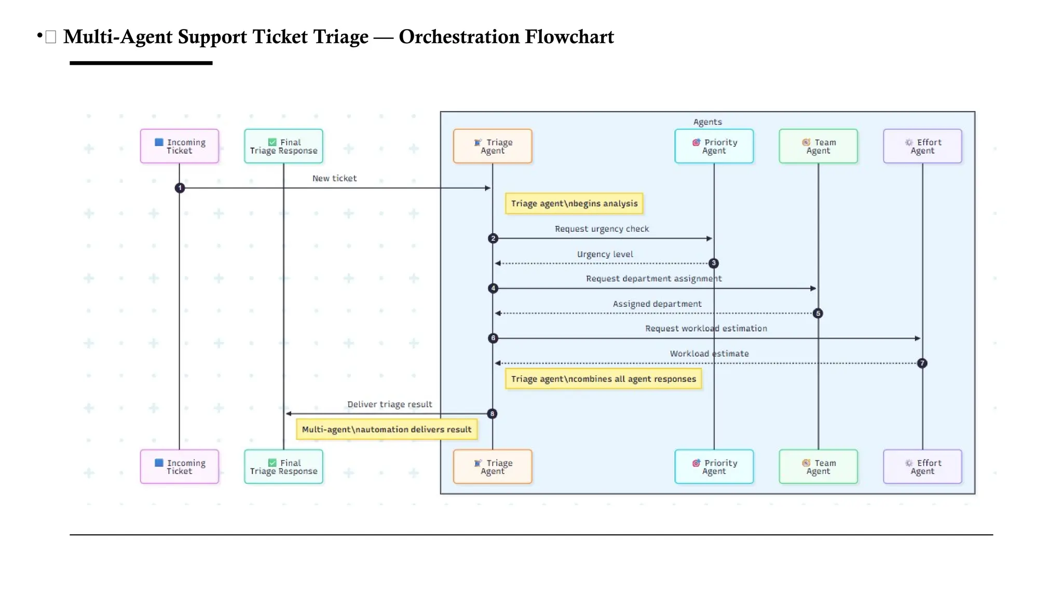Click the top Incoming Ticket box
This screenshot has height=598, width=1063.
179,146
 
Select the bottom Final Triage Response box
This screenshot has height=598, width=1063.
283,467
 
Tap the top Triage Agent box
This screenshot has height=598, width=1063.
492,146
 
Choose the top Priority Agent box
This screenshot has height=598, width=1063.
714,146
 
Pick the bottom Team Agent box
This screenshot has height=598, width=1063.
818,467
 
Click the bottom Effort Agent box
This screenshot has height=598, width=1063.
922,467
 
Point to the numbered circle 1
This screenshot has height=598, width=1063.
180,188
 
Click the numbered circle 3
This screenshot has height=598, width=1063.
714,263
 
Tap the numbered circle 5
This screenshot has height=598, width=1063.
818,314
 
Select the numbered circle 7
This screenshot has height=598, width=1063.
922,363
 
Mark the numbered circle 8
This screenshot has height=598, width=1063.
492,414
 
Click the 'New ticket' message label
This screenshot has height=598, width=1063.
334,178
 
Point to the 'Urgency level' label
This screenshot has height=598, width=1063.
605,254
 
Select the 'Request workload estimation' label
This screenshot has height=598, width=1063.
706,329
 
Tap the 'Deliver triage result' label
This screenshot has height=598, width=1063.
389,404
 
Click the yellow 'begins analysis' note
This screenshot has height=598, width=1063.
574,203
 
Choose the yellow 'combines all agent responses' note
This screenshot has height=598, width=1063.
603,379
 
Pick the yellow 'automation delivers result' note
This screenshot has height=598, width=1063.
387,429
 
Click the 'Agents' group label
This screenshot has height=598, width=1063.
707,122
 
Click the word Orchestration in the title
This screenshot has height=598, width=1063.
459,37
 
